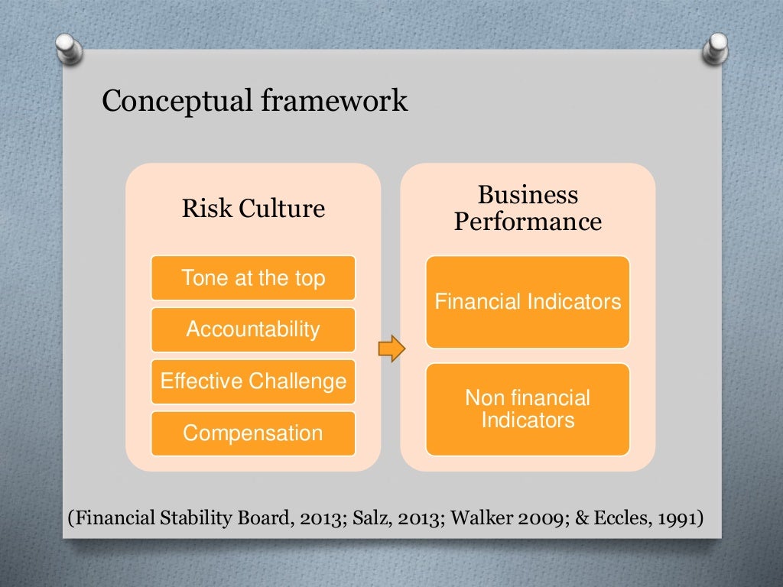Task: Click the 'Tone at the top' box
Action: point(253,277)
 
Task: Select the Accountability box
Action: point(253,329)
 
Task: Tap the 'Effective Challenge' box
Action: point(253,381)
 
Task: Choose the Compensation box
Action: point(253,433)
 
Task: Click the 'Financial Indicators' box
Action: point(528,302)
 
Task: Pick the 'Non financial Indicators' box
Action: point(528,409)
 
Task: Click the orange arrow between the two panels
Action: point(391,349)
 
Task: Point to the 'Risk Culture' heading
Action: point(253,209)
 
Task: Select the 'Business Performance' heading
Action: point(528,208)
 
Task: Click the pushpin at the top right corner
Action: point(716,47)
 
